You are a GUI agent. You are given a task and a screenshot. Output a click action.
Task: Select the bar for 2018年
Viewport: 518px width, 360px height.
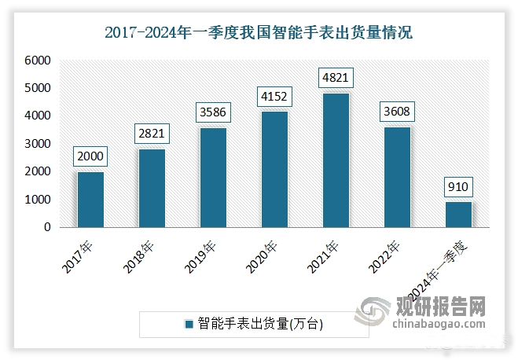(x=151, y=188)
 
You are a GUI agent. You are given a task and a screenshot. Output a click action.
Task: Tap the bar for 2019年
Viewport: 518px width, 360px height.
(x=212, y=178)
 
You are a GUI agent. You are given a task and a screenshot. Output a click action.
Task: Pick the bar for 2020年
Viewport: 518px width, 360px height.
(x=274, y=170)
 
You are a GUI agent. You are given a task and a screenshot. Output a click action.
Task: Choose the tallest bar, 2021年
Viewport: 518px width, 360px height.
(x=336, y=160)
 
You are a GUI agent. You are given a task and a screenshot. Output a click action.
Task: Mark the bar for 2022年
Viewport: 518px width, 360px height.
(x=397, y=177)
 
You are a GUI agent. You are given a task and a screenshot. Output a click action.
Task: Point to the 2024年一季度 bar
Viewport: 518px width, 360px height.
(x=458, y=215)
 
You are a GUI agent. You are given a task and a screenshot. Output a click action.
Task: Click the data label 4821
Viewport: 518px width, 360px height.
(x=336, y=78)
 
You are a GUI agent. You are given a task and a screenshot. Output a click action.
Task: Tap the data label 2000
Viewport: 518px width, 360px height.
(x=90, y=156)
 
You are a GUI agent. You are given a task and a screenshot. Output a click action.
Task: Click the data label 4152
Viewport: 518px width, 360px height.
(x=274, y=97)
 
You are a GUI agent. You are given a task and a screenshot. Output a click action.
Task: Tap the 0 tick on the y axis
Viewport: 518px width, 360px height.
(x=47, y=227)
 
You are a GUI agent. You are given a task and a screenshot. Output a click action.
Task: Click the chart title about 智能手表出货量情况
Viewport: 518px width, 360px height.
(x=259, y=32)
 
